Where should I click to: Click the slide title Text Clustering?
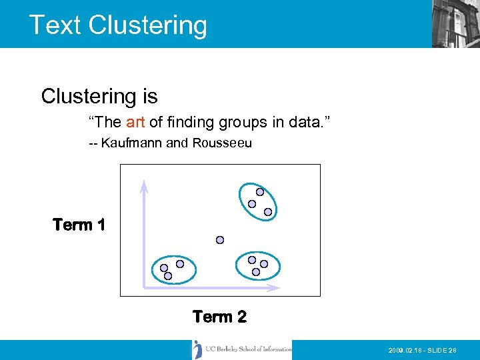tap(118, 25)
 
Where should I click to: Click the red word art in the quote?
tap(135, 122)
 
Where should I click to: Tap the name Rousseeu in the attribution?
tap(222, 143)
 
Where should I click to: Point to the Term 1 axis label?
tap(79, 225)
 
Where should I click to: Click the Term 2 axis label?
tap(219, 317)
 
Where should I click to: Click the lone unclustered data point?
tap(220, 240)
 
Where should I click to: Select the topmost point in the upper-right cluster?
tap(260, 192)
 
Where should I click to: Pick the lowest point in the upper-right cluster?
tap(268, 212)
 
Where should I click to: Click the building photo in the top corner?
tap(455, 24)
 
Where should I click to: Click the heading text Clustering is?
tap(99, 97)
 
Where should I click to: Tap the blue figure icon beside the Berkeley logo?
tap(197, 349)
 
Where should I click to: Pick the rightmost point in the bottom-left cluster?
tap(180, 264)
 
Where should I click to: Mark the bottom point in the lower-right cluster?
tap(256, 272)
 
